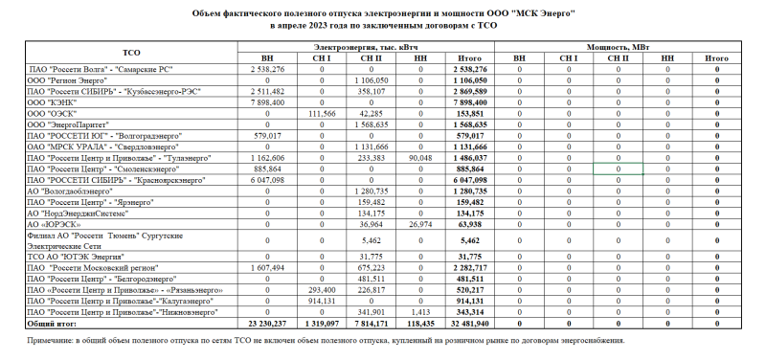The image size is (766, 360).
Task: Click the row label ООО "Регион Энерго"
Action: pyautogui.click(x=66, y=81)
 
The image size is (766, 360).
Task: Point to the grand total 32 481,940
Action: pyautogui.click(x=466, y=324)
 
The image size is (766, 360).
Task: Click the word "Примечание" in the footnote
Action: pyautogui.click(x=53, y=340)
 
